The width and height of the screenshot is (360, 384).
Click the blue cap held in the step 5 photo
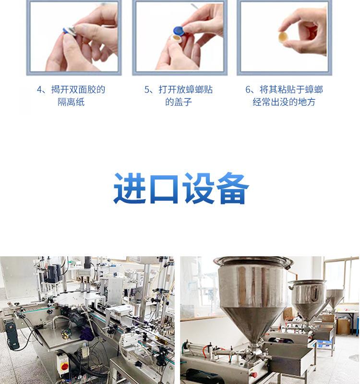tap(179, 31)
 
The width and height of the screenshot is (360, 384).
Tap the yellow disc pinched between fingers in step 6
tap(283, 37)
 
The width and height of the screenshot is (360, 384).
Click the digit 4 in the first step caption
tap(39, 90)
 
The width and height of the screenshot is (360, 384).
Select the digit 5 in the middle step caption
tap(147, 90)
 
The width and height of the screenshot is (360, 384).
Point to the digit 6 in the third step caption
tap(248, 90)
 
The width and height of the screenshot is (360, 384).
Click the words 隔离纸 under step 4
tap(71, 102)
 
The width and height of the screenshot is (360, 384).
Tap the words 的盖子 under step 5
tap(179, 102)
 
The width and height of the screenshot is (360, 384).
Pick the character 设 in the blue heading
tap(198, 188)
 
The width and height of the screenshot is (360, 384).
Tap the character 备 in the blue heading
tap(233, 188)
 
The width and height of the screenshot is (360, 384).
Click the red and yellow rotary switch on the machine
tap(65, 367)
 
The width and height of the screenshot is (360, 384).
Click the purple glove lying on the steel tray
tap(87, 334)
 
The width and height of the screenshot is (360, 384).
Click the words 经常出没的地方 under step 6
tap(284, 102)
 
